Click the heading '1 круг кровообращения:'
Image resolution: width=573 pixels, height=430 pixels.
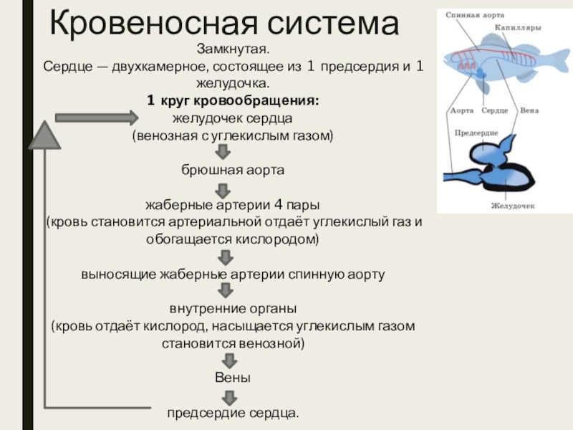coord(233,101)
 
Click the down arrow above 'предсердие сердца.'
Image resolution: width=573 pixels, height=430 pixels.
coord(228,396)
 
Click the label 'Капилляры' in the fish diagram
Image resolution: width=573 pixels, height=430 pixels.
coord(517,27)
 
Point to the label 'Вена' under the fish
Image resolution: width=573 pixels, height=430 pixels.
coord(530,111)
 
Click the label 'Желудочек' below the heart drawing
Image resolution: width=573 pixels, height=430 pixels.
coord(514,206)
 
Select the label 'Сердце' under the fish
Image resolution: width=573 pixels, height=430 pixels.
coord(495,111)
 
